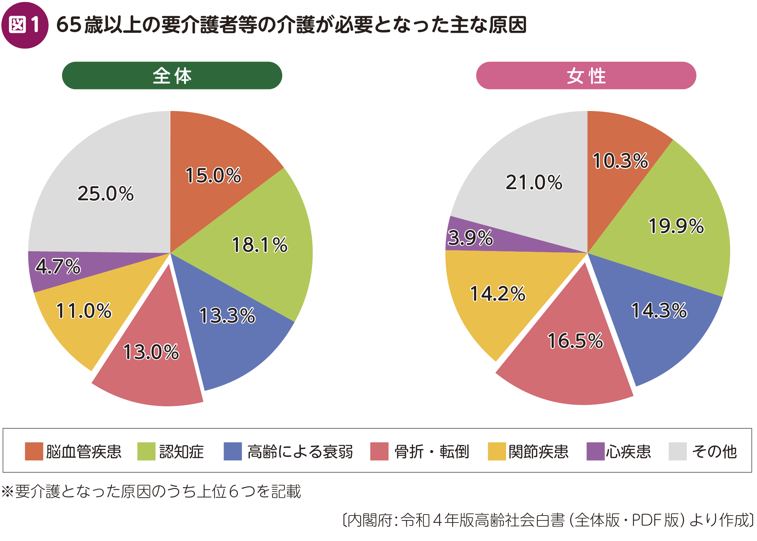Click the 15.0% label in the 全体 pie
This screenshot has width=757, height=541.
point(213,175)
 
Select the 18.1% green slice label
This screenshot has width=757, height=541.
point(260,245)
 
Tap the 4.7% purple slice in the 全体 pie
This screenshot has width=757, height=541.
point(58,266)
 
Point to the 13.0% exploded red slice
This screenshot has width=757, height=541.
point(151,351)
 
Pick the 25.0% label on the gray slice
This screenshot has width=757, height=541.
point(105,193)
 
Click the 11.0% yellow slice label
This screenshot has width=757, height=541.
point(84,311)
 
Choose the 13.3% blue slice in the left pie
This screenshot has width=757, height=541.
point(227,316)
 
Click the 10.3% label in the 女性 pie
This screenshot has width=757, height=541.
point(620,161)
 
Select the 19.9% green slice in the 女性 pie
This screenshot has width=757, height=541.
point(676,226)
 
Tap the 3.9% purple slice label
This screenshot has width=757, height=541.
point(470,238)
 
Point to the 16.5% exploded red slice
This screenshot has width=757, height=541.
point(575,341)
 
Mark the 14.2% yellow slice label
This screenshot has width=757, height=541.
point(498,294)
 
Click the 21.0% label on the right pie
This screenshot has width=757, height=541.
point(534,182)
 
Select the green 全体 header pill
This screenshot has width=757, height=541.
point(172,76)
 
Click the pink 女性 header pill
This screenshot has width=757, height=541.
point(586,76)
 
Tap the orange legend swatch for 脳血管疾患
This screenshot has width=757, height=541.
point(34,451)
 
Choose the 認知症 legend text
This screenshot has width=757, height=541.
point(182,452)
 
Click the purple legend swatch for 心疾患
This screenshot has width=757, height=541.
point(595,451)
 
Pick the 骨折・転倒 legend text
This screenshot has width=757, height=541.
point(432,452)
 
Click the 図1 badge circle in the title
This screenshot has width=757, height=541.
point(25,25)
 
